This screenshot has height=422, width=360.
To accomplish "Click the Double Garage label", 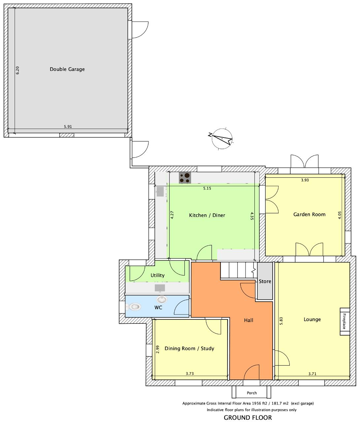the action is point(67,69).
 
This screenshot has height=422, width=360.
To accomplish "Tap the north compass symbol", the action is point(222,138).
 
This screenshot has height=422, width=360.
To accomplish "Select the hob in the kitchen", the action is point(185,178).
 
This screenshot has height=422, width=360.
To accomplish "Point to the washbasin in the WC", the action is point(162,299).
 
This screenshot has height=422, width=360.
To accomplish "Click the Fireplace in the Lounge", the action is point(345,321).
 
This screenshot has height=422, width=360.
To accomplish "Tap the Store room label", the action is point(265,281).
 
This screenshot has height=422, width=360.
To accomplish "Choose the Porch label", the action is point(252,393).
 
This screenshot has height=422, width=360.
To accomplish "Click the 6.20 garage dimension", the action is point(17,70).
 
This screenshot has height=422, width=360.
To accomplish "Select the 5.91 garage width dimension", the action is point(68,127).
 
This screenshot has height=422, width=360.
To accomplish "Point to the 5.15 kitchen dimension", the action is point(207,188).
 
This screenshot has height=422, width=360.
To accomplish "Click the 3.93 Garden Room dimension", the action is point(305,180).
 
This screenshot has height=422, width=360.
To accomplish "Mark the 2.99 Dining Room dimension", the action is point(157,349).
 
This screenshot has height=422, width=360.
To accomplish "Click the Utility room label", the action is point(157,275).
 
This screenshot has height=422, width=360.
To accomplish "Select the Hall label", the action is point(249,320).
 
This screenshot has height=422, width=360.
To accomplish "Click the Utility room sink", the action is point(160,288).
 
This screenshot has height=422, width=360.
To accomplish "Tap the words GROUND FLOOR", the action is point(248,417).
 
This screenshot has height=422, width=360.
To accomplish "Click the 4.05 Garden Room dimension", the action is point(340,215).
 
